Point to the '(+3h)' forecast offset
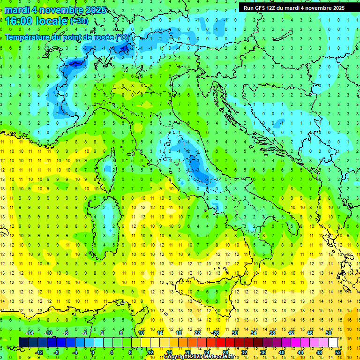[79, 21]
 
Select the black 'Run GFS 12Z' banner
[294, 7]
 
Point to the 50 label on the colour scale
[329, 332]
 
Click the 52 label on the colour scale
[338, 352]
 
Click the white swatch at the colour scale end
[333, 342]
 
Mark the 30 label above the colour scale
[235, 332]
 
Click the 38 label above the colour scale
[272, 332]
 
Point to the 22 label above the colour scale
[197, 332]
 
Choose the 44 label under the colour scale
[300, 352]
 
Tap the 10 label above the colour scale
[141, 332]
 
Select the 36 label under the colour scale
[263, 352]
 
